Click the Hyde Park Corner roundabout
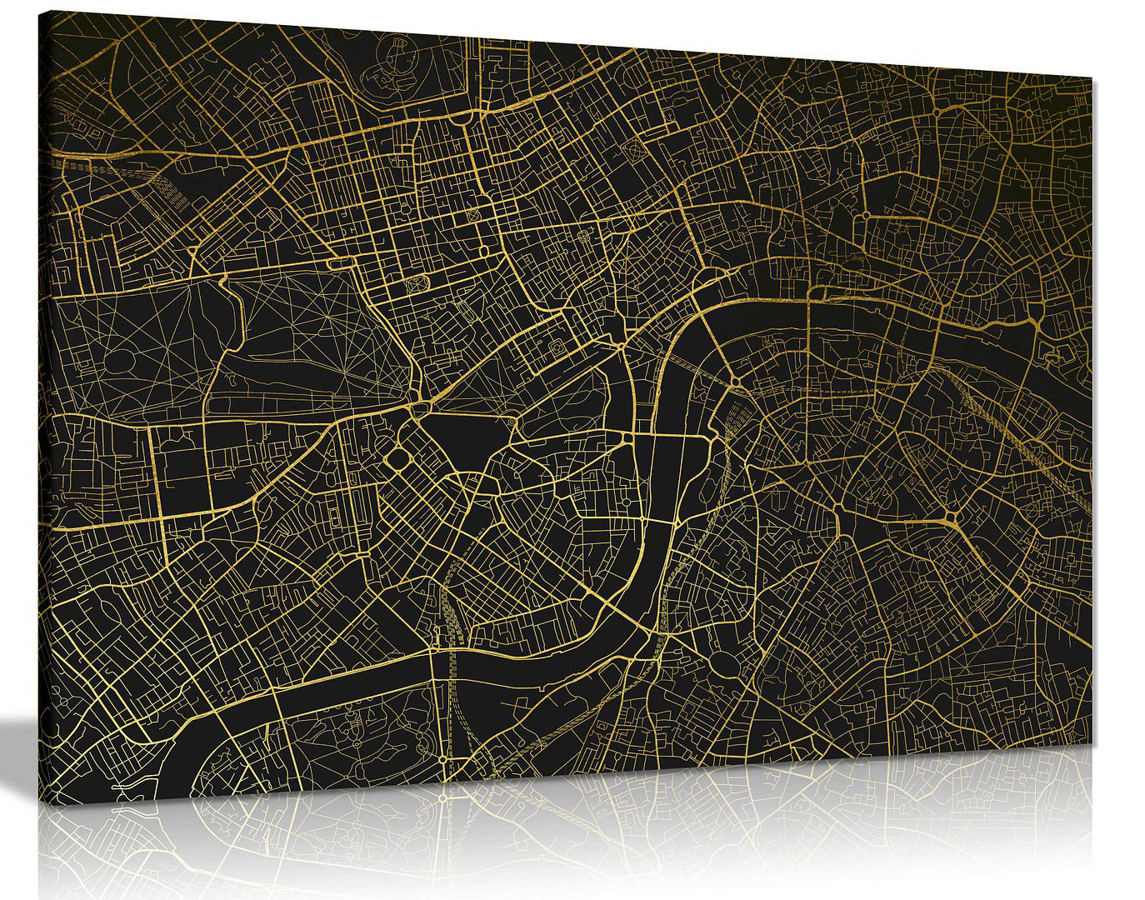click(417, 407)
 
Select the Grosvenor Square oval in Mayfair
click(414, 282)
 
